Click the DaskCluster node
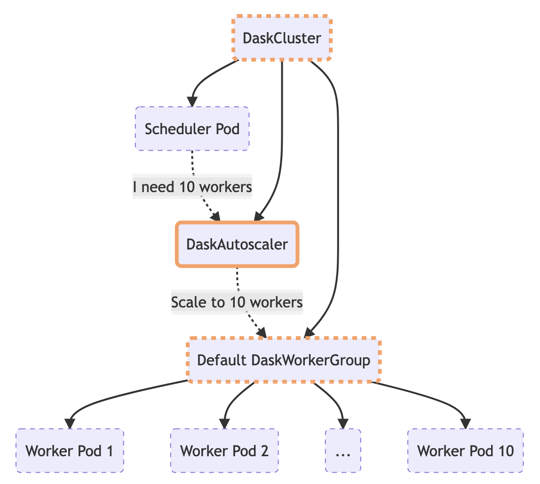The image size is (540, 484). (282, 38)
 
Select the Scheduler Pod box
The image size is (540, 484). (192, 129)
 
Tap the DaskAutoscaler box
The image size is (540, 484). (237, 244)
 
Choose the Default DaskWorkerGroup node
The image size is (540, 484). (284, 360)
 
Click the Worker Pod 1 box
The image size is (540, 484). (70, 451)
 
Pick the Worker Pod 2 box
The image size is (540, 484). (224, 451)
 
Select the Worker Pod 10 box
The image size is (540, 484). (465, 451)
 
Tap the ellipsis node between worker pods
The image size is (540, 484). (343, 451)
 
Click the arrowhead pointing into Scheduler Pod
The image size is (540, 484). (192, 101)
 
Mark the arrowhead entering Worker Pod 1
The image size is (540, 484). (70, 423)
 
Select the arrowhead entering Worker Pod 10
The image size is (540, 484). (465, 423)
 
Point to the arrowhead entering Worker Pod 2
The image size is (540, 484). (224, 423)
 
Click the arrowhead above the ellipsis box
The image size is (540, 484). (343, 423)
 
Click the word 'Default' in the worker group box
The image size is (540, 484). (222, 360)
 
